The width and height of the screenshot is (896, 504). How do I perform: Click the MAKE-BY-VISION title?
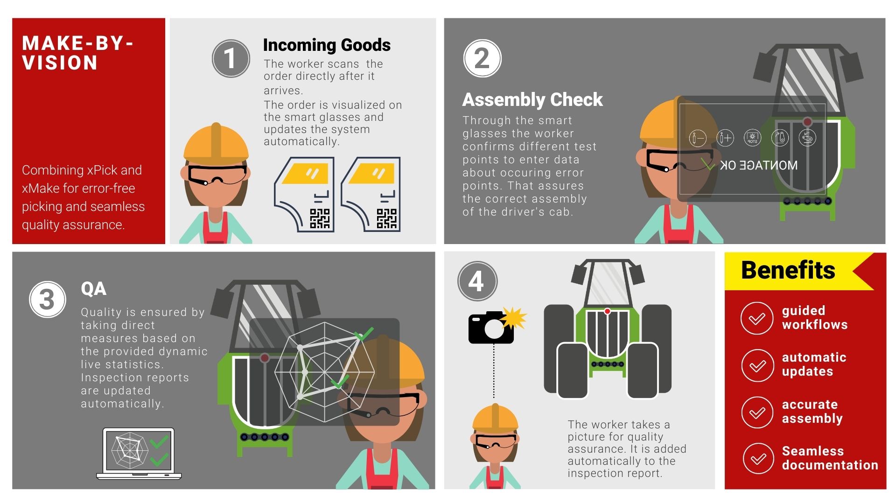[77, 53]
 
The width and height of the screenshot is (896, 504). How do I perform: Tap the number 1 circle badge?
[231, 59]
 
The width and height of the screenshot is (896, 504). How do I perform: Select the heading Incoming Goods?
[327, 45]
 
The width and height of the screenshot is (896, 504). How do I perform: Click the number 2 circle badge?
[482, 59]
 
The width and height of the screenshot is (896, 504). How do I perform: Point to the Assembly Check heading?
[532, 100]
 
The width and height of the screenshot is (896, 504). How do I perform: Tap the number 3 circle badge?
[47, 300]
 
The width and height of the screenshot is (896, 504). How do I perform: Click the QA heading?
[93, 289]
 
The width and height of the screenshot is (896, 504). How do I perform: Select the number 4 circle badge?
[477, 281]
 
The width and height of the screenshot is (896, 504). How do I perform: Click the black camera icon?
[490, 329]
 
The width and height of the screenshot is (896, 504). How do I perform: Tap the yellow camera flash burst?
[514, 318]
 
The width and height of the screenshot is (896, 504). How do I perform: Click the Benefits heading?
[788, 270]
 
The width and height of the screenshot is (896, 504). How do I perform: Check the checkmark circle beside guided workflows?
[757, 318]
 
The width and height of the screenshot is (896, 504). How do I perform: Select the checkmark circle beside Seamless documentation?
[758, 459]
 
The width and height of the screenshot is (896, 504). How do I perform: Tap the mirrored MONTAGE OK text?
[758, 165]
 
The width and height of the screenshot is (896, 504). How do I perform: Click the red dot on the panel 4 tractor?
[607, 311]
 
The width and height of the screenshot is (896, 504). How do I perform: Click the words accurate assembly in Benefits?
[812, 412]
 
